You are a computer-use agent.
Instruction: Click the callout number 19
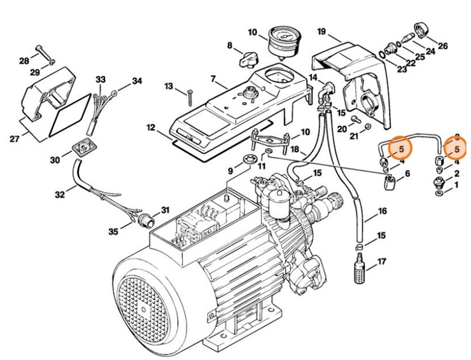[321, 32]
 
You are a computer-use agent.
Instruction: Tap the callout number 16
[382, 211]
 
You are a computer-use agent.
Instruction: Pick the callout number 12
[151, 128]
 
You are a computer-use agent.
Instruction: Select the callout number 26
[442, 46]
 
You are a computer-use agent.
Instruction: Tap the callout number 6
[407, 174]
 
